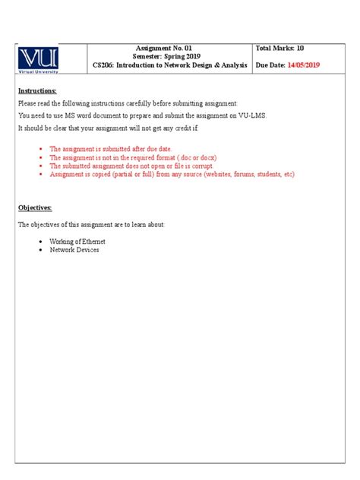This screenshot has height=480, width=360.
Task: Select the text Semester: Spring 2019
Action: click(170, 57)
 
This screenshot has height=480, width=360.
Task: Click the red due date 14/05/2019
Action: click(304, 66)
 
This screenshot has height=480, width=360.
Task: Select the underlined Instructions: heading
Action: click(37, 91)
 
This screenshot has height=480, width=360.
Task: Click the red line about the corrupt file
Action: click(131, 166)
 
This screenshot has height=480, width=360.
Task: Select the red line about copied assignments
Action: click(172, 174)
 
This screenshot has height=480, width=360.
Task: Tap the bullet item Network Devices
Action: click(74, 250)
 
